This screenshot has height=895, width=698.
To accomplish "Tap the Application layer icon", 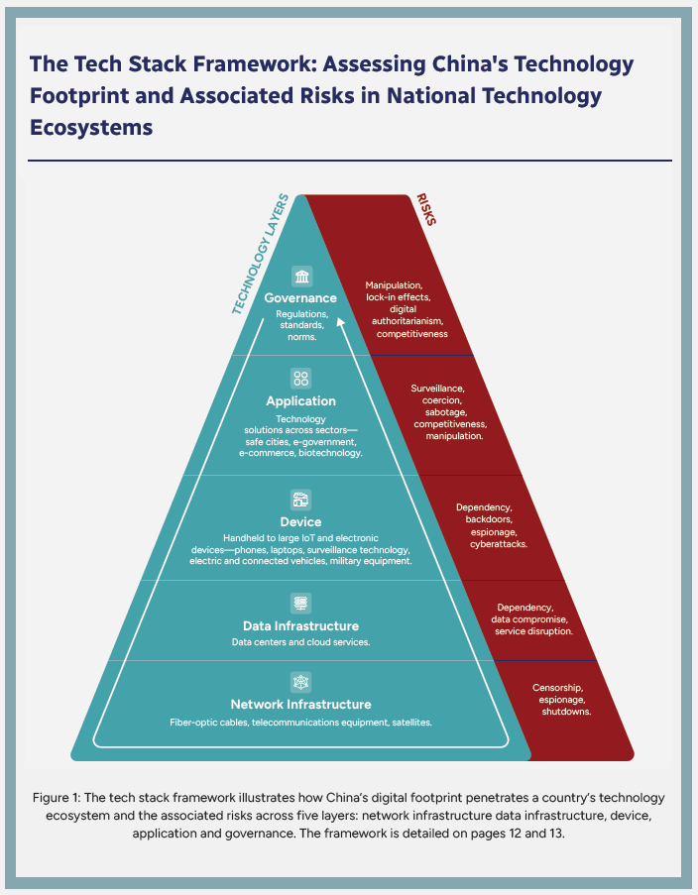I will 300,378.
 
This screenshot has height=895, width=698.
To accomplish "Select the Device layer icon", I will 300,499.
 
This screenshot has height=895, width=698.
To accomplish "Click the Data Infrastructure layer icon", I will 300,603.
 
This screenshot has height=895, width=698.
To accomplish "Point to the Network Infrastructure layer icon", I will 300,681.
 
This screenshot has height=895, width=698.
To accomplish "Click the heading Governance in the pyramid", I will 300,298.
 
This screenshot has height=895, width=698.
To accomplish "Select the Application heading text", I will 300,401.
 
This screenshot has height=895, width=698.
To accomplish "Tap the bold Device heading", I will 300,522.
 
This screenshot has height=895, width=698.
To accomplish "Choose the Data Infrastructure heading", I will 300,625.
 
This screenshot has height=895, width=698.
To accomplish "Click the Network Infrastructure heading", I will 300,704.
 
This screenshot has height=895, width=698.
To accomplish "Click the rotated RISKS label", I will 425,210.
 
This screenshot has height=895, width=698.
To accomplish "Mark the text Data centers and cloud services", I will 300,642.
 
